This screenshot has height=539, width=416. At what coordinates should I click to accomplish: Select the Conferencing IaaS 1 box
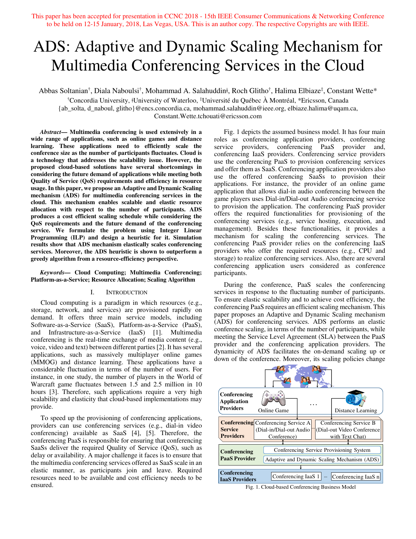[x=296, y=477]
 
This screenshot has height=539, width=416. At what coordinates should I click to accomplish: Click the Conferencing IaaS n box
[x=356, y=477]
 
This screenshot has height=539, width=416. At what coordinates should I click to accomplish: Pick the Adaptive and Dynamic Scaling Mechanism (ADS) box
[x=322, y=460]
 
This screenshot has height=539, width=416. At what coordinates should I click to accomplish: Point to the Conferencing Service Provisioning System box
[x=322, y=450]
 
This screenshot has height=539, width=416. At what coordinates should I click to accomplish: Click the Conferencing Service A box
[x=283, y=430]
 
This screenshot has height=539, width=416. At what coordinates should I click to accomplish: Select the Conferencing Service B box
[x=348, y=430]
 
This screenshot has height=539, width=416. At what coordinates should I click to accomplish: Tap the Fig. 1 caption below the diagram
[x=300, y=487]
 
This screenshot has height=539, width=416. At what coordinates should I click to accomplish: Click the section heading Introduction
[x=127, y=292]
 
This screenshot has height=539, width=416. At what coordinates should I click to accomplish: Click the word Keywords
[x=52, y=272]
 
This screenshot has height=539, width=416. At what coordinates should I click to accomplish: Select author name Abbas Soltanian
[x=63, y=91]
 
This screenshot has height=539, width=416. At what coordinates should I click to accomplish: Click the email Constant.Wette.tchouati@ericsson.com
[x=208, y=116]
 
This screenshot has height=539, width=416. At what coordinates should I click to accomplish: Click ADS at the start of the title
[x=51, y=47]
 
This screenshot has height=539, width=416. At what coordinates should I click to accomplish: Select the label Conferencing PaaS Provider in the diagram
[x=238, y=455]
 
